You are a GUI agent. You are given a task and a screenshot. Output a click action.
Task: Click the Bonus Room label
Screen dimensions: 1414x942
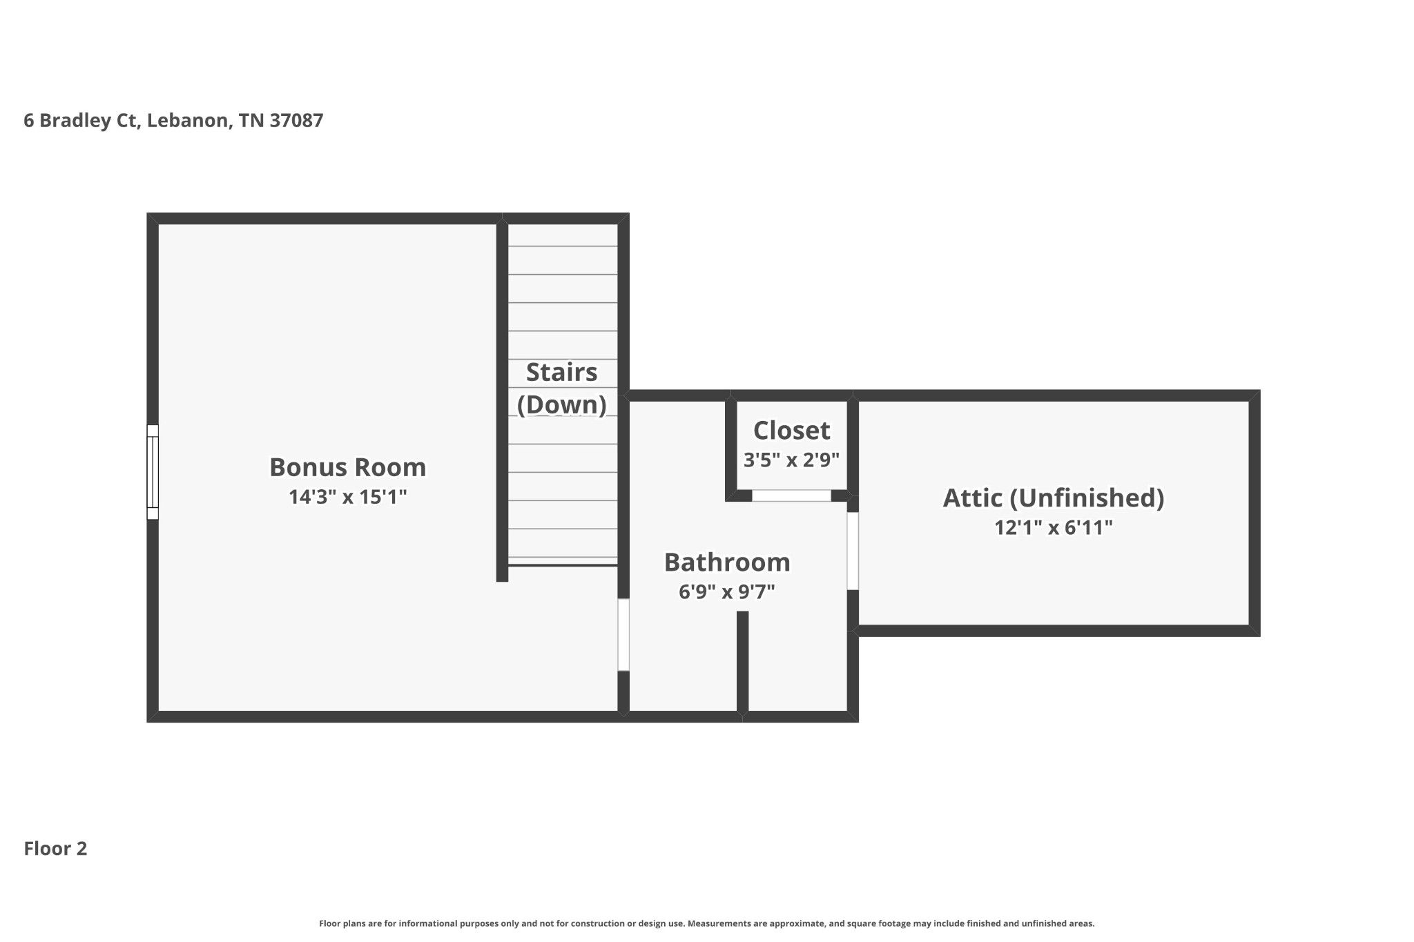pos(347,467)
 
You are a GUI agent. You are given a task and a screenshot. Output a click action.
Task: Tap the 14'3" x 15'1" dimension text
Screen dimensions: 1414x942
pos(347,497)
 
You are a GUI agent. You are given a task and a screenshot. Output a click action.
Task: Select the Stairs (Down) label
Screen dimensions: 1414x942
pos(561,389)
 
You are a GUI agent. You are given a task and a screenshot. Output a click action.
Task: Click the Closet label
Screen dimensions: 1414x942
pos(791,430)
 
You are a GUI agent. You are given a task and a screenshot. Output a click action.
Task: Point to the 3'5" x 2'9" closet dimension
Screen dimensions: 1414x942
pos(791,460)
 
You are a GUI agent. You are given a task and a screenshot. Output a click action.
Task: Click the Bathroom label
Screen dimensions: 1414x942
pos(727,562)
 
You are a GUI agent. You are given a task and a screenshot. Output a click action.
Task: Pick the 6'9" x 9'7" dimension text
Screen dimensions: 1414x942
pos(727,592)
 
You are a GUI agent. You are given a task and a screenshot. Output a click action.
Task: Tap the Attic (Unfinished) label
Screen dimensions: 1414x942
pos(1054,498)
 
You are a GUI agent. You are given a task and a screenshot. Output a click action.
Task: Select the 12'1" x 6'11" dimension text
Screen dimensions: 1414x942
pos(1054,528)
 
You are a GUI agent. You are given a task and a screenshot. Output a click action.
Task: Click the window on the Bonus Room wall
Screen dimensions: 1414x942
pos(153,472)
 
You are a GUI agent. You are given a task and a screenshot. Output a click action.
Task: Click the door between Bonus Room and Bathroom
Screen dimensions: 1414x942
pos(623,635)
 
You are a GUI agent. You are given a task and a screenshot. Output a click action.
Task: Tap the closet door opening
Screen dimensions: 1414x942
pos(791,495)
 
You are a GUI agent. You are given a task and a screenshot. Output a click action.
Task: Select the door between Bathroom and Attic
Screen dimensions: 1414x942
pos(853,551)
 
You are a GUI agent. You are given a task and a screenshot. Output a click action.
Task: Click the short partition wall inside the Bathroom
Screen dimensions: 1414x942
pos(743,663)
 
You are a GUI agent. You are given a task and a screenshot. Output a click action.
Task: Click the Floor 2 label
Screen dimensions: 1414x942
pos(55,849)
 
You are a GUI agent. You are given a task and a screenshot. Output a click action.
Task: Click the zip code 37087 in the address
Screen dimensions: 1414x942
pos(296,121)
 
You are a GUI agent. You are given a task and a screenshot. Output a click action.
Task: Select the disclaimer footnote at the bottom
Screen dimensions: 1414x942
pos(707,923)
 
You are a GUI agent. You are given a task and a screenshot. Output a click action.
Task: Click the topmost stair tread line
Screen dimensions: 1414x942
pos(563,246)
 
